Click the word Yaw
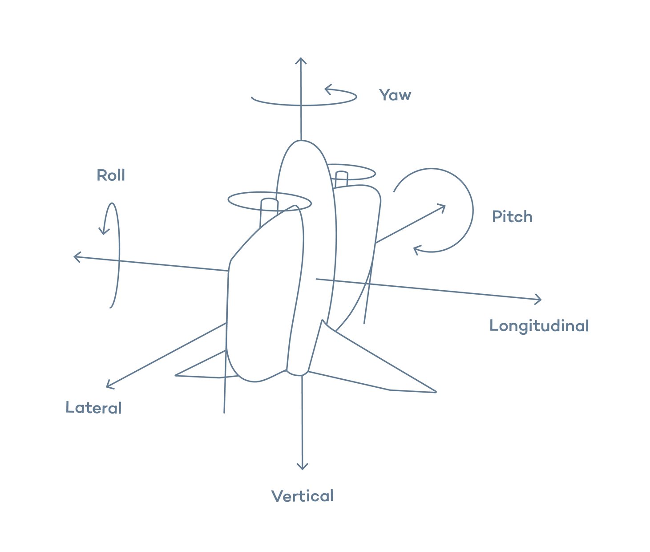[395, 95]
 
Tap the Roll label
[111, 175]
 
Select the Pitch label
[512, 217]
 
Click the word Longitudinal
[539, 326]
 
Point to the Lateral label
[93, 408]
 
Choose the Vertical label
[303, 496]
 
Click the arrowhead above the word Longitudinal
[539, 300]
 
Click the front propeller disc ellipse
[269, 201]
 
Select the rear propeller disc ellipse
[351, 172]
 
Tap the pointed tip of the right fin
[435, 392]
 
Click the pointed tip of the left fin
[177, 375]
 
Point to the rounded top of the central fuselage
[302, 142]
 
